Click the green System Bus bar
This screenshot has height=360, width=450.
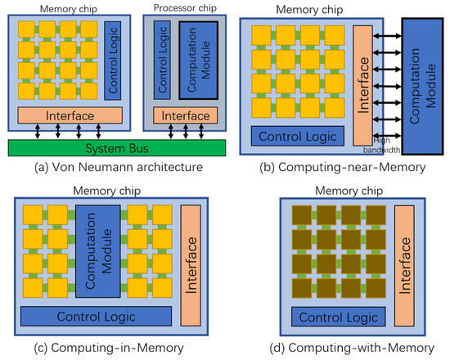(115, 148)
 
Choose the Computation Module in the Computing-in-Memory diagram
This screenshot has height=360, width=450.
(101, 253)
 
